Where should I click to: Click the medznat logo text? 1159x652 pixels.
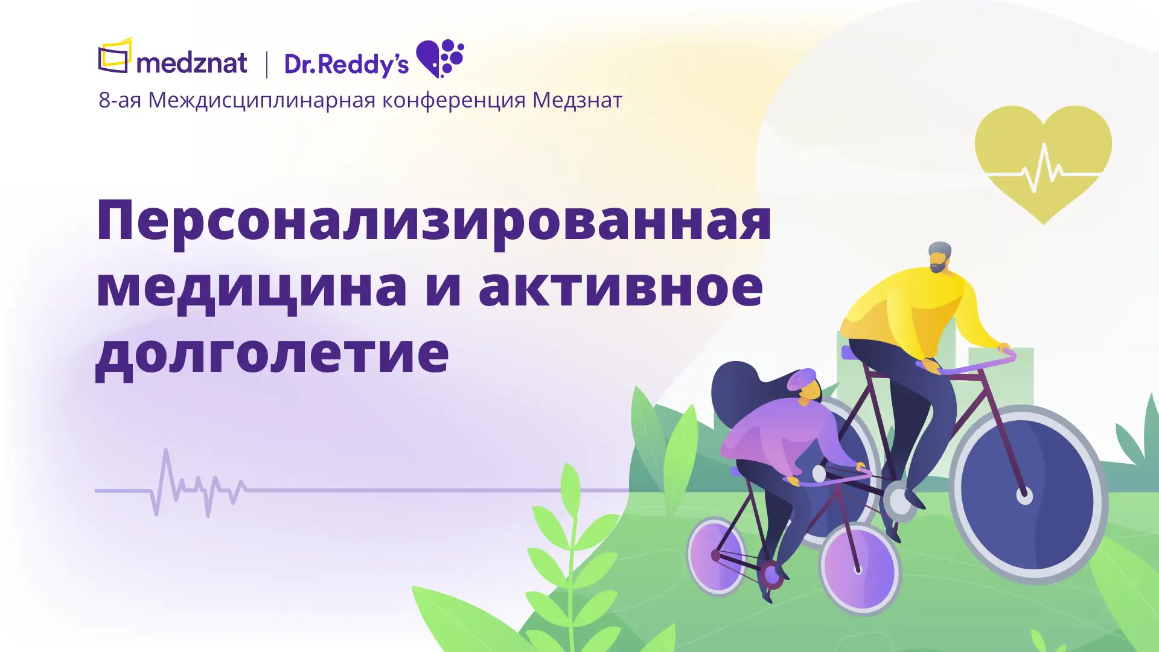(x=192, y=63)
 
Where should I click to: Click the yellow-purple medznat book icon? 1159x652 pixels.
(x=115, y=56)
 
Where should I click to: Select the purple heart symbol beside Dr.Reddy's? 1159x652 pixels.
(x=440, y=59)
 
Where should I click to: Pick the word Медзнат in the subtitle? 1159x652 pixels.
(x=577, y=100)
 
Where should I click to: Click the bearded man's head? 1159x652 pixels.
(x=939, y=257)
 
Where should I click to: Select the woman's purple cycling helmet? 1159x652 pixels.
(x=801, y=379)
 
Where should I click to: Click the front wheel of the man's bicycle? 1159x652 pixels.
(x=1027, y=495)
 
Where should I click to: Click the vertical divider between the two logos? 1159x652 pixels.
(x=267, y=65)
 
